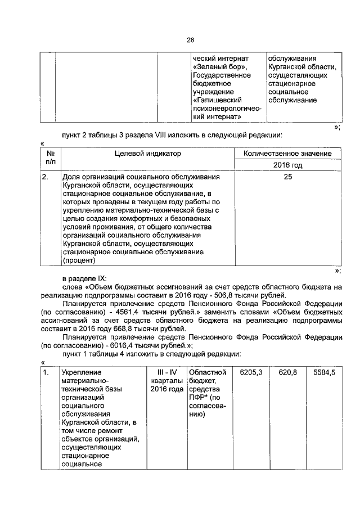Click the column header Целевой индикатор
coord(148,153)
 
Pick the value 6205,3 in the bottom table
coord(251,372)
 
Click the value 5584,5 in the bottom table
coord(323,372)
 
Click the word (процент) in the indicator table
coord(79,261)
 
